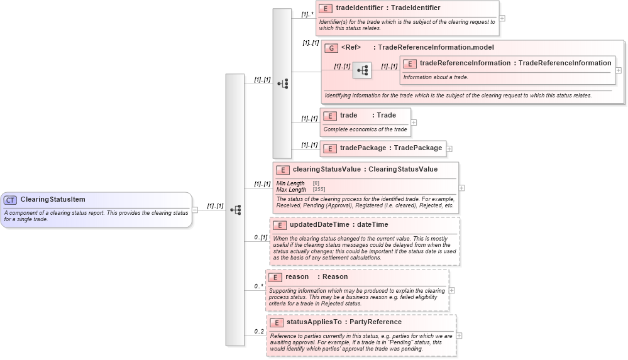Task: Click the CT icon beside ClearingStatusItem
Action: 10,200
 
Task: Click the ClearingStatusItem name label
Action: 53,200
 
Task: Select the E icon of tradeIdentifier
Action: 326,9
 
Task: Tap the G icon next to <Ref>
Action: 331,48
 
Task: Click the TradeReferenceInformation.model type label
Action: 436,47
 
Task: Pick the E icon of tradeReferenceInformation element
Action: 409,63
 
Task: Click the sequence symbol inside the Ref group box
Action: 362,70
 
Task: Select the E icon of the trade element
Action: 330,116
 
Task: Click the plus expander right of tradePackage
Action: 449,149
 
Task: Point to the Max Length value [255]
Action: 319,189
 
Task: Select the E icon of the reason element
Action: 275,277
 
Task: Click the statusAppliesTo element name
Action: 314,322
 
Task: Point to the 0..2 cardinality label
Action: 259,331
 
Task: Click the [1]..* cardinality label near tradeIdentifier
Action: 307,13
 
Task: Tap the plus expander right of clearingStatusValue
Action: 462,187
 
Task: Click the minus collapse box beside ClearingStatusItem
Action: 195,210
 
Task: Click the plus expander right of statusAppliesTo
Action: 459,335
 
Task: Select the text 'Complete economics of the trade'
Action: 365,129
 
